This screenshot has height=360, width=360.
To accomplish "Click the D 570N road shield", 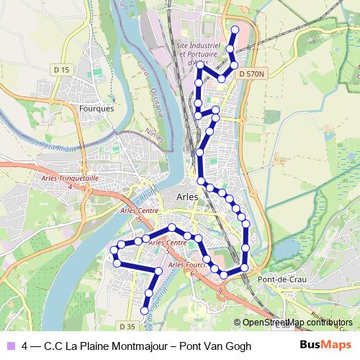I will click(251, 73).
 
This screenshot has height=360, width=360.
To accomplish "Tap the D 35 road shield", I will click(126, 327).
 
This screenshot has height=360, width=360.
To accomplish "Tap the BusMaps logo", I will click(321, 346).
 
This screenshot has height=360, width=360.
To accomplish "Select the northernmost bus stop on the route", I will click(233, 30).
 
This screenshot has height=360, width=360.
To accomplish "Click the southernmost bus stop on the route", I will click(144, 311).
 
